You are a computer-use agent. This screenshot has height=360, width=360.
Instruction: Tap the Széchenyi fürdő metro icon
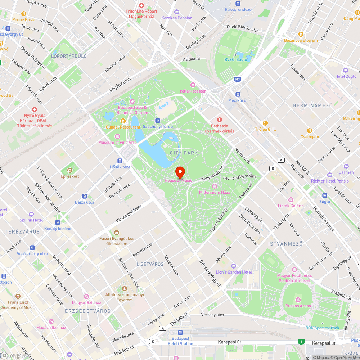pyautogui.click(x=158, y=120)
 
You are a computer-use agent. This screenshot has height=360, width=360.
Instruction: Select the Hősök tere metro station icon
pyautogui.click(x=120, y=161)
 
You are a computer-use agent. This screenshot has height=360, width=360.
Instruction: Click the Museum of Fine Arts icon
pyautogui.click(x=117, y=136)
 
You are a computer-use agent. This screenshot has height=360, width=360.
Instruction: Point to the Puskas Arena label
pyautogui.click(x=298, y=306)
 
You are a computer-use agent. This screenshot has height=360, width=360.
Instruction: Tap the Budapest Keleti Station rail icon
pyautogui.click(x=180, y=333)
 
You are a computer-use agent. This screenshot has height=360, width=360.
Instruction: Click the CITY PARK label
pyautogui.click(x=184, y=153)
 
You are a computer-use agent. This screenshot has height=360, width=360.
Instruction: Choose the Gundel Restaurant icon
pyautogui.click(x=123, y=121)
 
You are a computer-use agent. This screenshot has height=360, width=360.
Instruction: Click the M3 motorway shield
pyautogui.click(x=237, y=79)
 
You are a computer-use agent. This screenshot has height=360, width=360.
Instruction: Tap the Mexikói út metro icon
pyautogui.click(x=238, y=94)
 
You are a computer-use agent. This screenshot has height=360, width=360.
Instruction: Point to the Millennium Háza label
pyautogui.click(x=215, y=192)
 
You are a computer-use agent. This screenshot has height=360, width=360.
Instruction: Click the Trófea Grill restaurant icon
pyautogui.click(x=265, y=123)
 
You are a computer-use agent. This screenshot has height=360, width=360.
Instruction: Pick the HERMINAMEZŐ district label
pyautogui.click(x=312, y=105)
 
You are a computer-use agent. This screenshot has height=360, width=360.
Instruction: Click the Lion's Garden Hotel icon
pyautogui.click(x=234, y=266)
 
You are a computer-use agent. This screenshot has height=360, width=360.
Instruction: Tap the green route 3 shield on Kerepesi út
pyautogui.click(x=301, y=341)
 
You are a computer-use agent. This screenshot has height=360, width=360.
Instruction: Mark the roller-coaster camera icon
pyautogui.click(x=193, y=85)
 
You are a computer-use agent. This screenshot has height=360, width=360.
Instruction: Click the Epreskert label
pyautogui.click(x=70, y=176)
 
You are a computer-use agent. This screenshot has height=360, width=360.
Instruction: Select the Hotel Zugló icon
pyautogui.click(x=346, y=70)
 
